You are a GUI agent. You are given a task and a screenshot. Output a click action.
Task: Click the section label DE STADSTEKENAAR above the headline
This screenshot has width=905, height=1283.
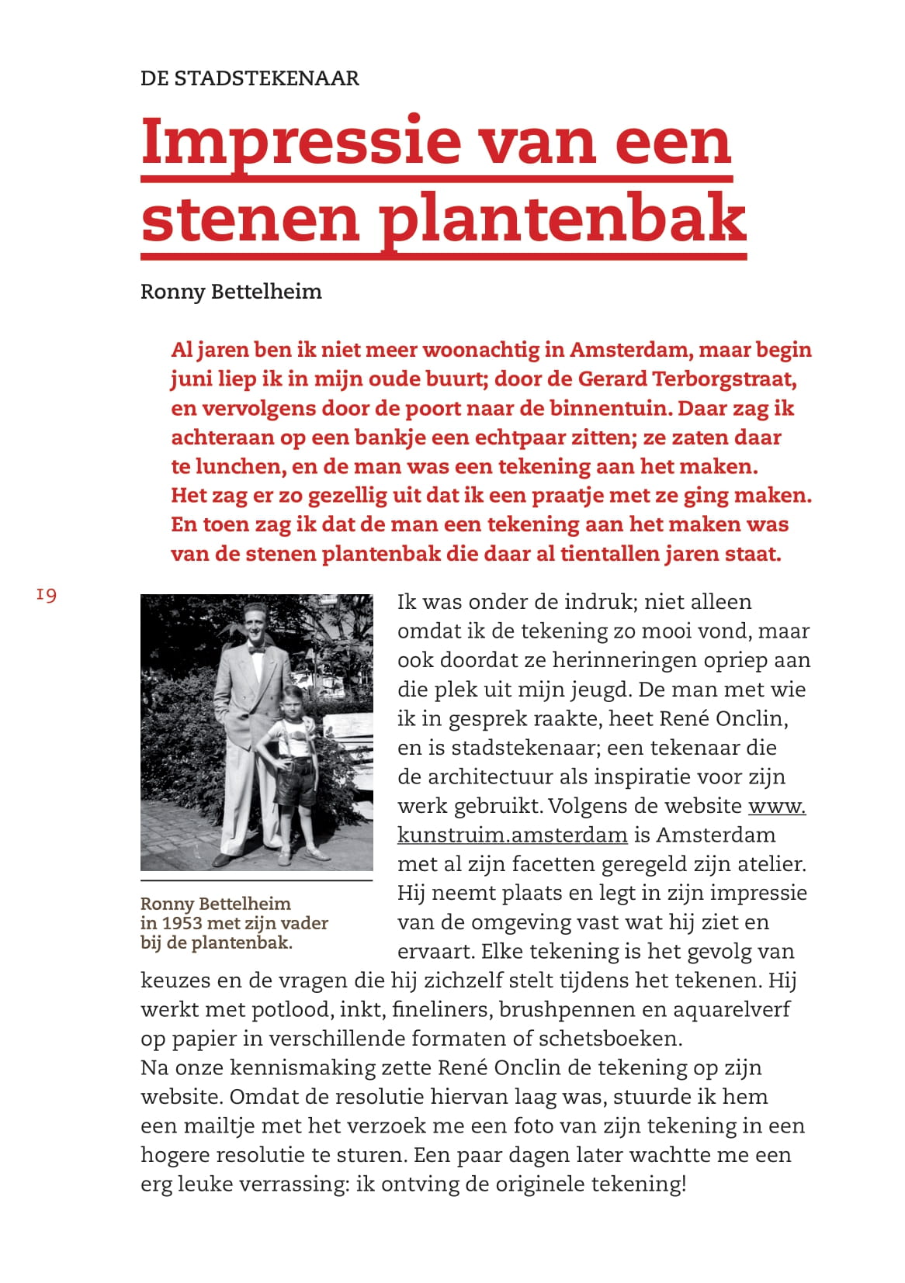point(249,78)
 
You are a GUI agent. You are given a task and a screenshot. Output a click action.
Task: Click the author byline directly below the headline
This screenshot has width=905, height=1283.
point(231,292)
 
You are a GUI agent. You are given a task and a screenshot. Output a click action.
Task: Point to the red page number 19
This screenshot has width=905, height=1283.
point(46,595)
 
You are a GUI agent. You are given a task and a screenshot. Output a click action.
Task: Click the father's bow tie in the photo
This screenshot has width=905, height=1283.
point(257,650)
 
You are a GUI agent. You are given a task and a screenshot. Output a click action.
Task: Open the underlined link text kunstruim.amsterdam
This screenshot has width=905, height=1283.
point(511,835)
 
